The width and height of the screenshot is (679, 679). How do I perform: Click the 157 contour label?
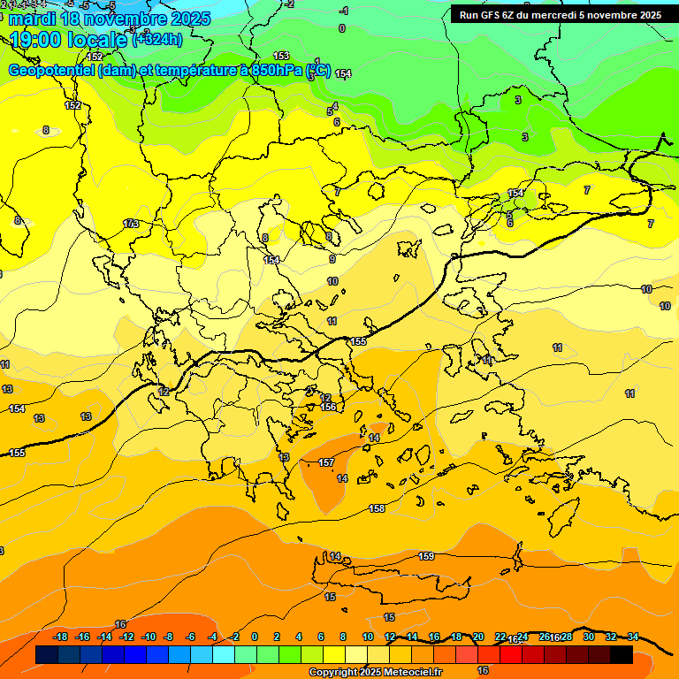(326, 462)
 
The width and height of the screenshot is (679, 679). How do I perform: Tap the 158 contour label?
(378, 508)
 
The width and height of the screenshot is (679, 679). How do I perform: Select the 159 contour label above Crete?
(426, 556)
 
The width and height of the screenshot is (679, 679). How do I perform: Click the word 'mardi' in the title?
(34, 19)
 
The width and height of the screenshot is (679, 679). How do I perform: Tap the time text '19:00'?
(37, 39)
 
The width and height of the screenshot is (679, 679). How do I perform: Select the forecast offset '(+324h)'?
(157, 39)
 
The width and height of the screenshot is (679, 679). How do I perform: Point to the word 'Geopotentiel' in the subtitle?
(50, 71)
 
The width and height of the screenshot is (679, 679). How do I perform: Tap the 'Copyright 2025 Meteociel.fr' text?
(376, 673)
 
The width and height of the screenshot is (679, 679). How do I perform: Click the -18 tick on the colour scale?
(61, 637)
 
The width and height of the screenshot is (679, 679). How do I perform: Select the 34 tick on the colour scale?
(633, 637)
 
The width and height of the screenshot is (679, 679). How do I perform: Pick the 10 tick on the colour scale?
(367, 637)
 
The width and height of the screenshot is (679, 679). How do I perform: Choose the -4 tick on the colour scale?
(212, 637)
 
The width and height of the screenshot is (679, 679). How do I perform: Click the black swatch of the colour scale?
(622, 654)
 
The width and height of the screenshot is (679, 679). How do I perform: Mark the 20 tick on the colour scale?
(478, 637)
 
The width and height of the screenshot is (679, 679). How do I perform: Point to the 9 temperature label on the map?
(332, 259)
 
